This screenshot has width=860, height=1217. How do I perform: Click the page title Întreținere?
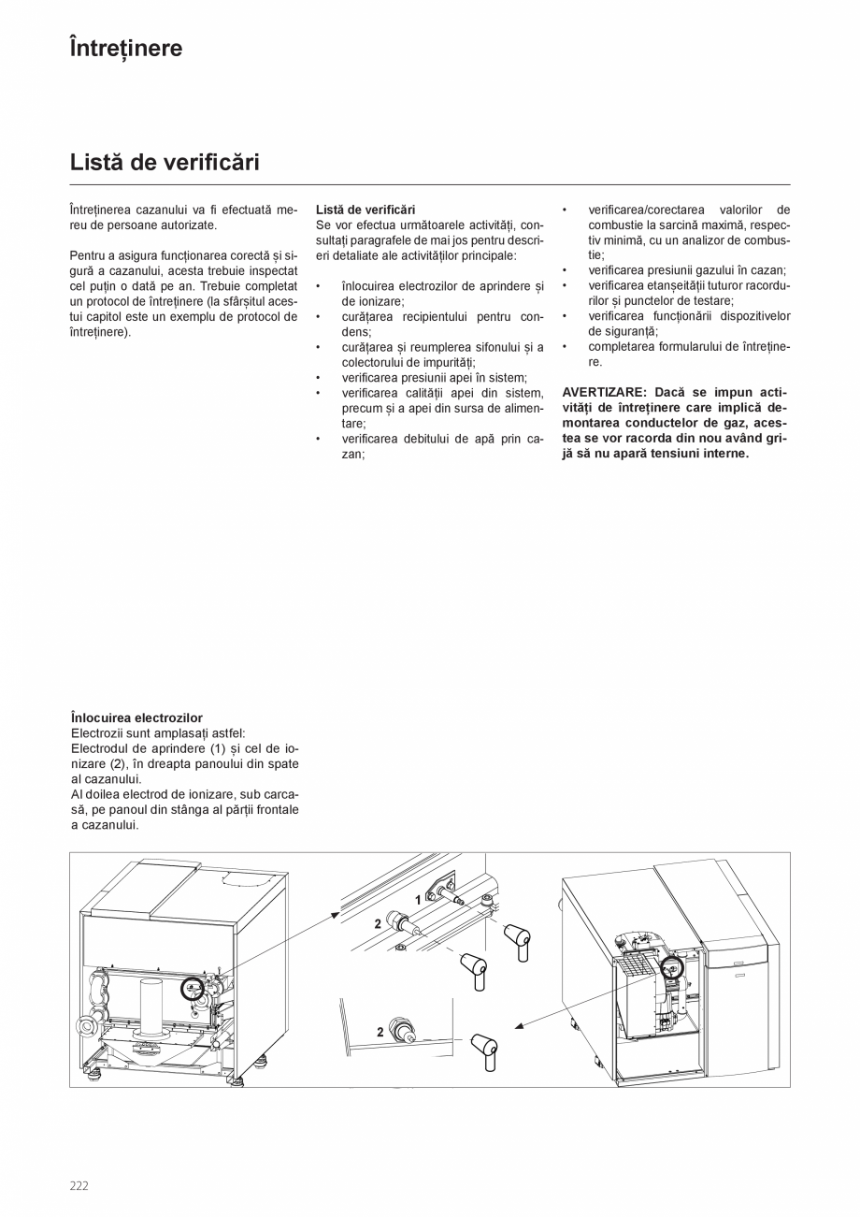tap(126, 48)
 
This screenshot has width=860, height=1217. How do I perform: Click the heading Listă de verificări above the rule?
tap(165, 162)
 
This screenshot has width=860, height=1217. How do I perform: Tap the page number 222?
tap(79, 1185)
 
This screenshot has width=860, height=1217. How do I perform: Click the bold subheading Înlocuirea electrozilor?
tap(136, 718)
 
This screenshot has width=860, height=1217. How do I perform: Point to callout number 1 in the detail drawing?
tap(418, 900)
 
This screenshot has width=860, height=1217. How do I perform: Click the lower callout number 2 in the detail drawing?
tap(380, 1033)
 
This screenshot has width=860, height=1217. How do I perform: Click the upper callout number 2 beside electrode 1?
tap(378, 923)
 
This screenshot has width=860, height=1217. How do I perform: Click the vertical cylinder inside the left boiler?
tap(150, 1005)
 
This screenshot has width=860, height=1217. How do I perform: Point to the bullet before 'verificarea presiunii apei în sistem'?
tap(319, 378)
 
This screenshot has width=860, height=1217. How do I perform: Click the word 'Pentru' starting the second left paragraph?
tap(88, 255)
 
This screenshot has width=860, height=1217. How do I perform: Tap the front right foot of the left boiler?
tap(235, 1081)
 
